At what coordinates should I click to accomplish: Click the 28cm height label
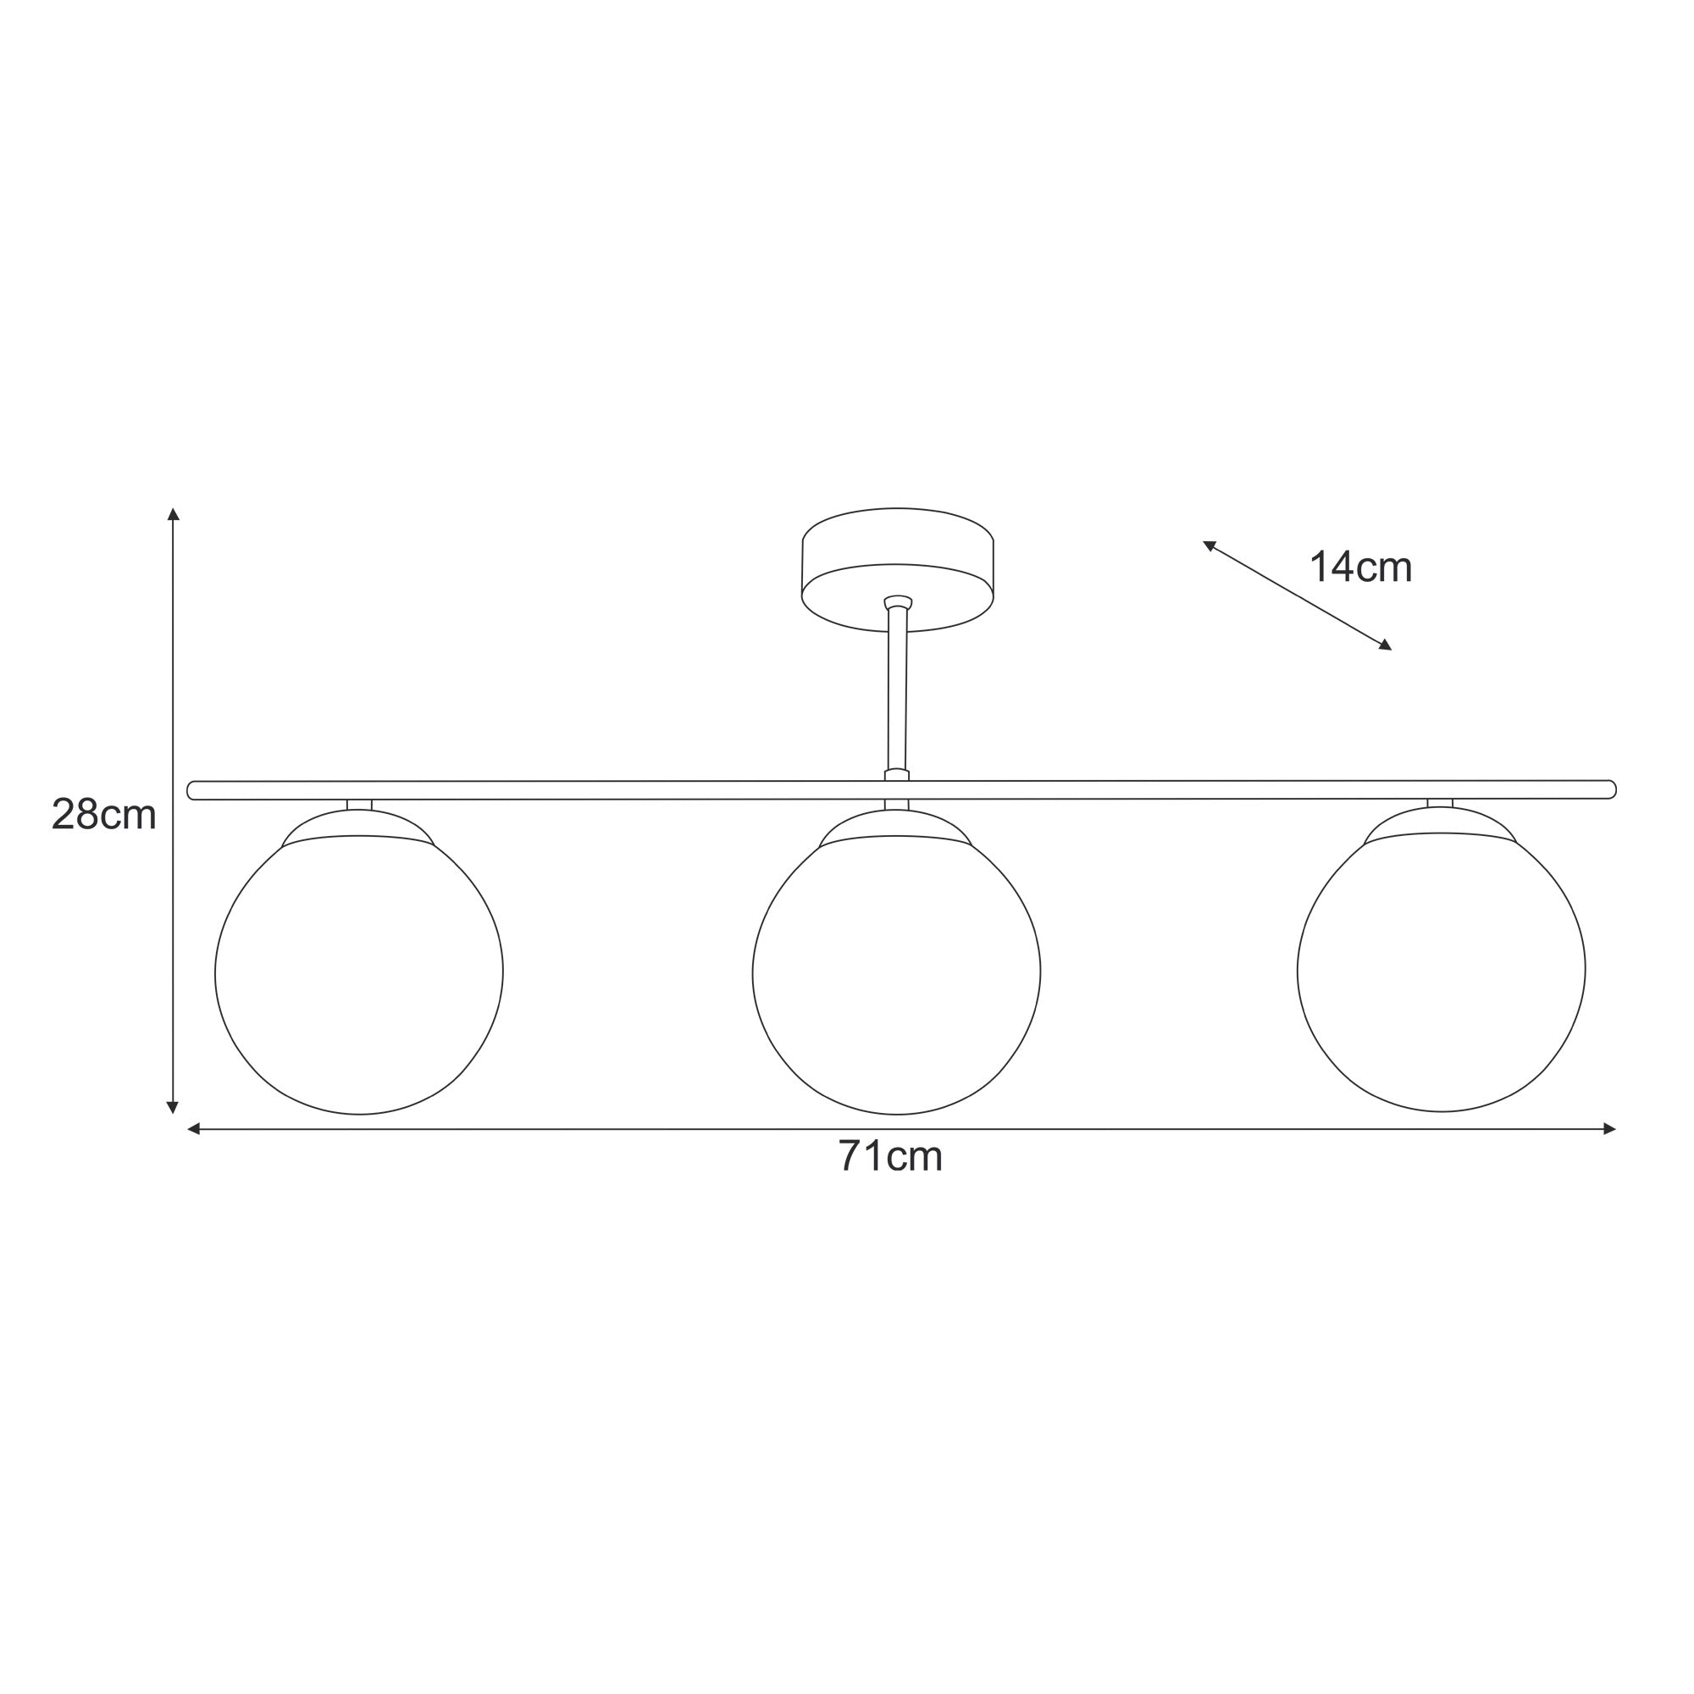(x=103, y=816)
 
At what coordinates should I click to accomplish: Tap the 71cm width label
(x=890, y=1156)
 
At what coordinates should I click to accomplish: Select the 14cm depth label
(x=1360, y=567)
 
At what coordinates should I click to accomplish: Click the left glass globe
(x=358, y=973)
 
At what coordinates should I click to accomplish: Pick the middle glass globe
(x=896, y=973)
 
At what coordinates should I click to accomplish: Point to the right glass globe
(x=1442, y=972)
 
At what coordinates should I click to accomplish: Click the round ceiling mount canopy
(x=897, y=569)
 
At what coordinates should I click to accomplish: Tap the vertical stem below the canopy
(x=897, y=689)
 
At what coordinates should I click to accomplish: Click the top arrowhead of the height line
(x=174, y=514)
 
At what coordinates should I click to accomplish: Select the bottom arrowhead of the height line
(x=173, y=1107)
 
